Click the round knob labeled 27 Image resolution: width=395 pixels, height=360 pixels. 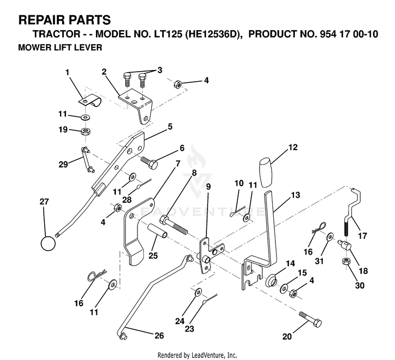pos(48,244)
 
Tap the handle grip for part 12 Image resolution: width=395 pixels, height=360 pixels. pos(266,172)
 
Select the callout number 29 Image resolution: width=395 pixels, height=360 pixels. pos(63,164)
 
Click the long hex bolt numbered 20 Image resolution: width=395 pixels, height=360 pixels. pos(310,319)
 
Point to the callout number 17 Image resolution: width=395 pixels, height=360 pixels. pos(362,236)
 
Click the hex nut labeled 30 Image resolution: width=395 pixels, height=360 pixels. pos(345,261)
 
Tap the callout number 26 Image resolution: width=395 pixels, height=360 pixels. pos(159,336)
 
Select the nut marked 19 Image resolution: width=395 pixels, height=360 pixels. pos(86,131)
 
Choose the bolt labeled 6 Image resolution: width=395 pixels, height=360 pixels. pos(150,162)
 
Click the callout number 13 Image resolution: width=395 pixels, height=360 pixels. pos(295,195)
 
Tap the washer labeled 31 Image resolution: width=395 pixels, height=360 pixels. pos(330,237)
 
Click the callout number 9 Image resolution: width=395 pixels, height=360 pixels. pos(209,187)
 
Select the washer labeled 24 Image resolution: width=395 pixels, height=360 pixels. pos(198,292)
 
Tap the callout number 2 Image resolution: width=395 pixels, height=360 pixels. pos(104,72)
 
